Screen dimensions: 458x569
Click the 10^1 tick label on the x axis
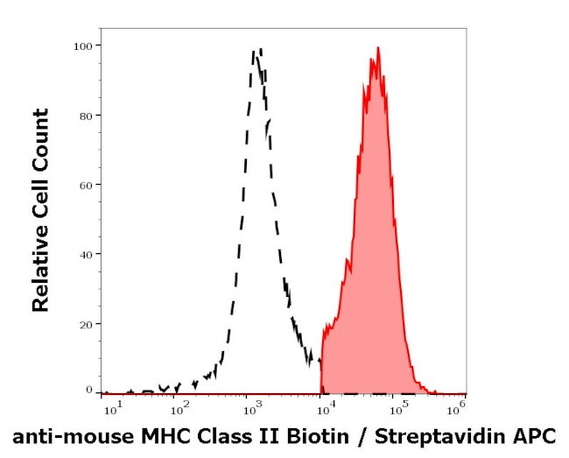pos(111,408)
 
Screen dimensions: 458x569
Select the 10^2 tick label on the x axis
pos(178,408)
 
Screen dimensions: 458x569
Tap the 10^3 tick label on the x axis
pos(252,408)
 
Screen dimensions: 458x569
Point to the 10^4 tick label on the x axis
pos(324,408)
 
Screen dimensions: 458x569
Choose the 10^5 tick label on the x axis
pos(398,408)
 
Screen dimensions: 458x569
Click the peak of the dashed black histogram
pos(256,51)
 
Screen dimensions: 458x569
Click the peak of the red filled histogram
pos(377,48)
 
